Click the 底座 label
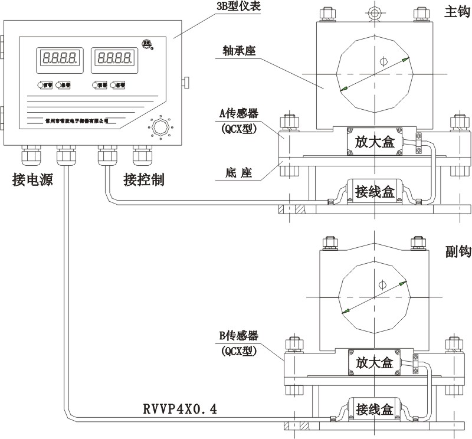(239, 173)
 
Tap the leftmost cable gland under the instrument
(29, 155)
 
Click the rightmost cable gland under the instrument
(143, 155)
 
